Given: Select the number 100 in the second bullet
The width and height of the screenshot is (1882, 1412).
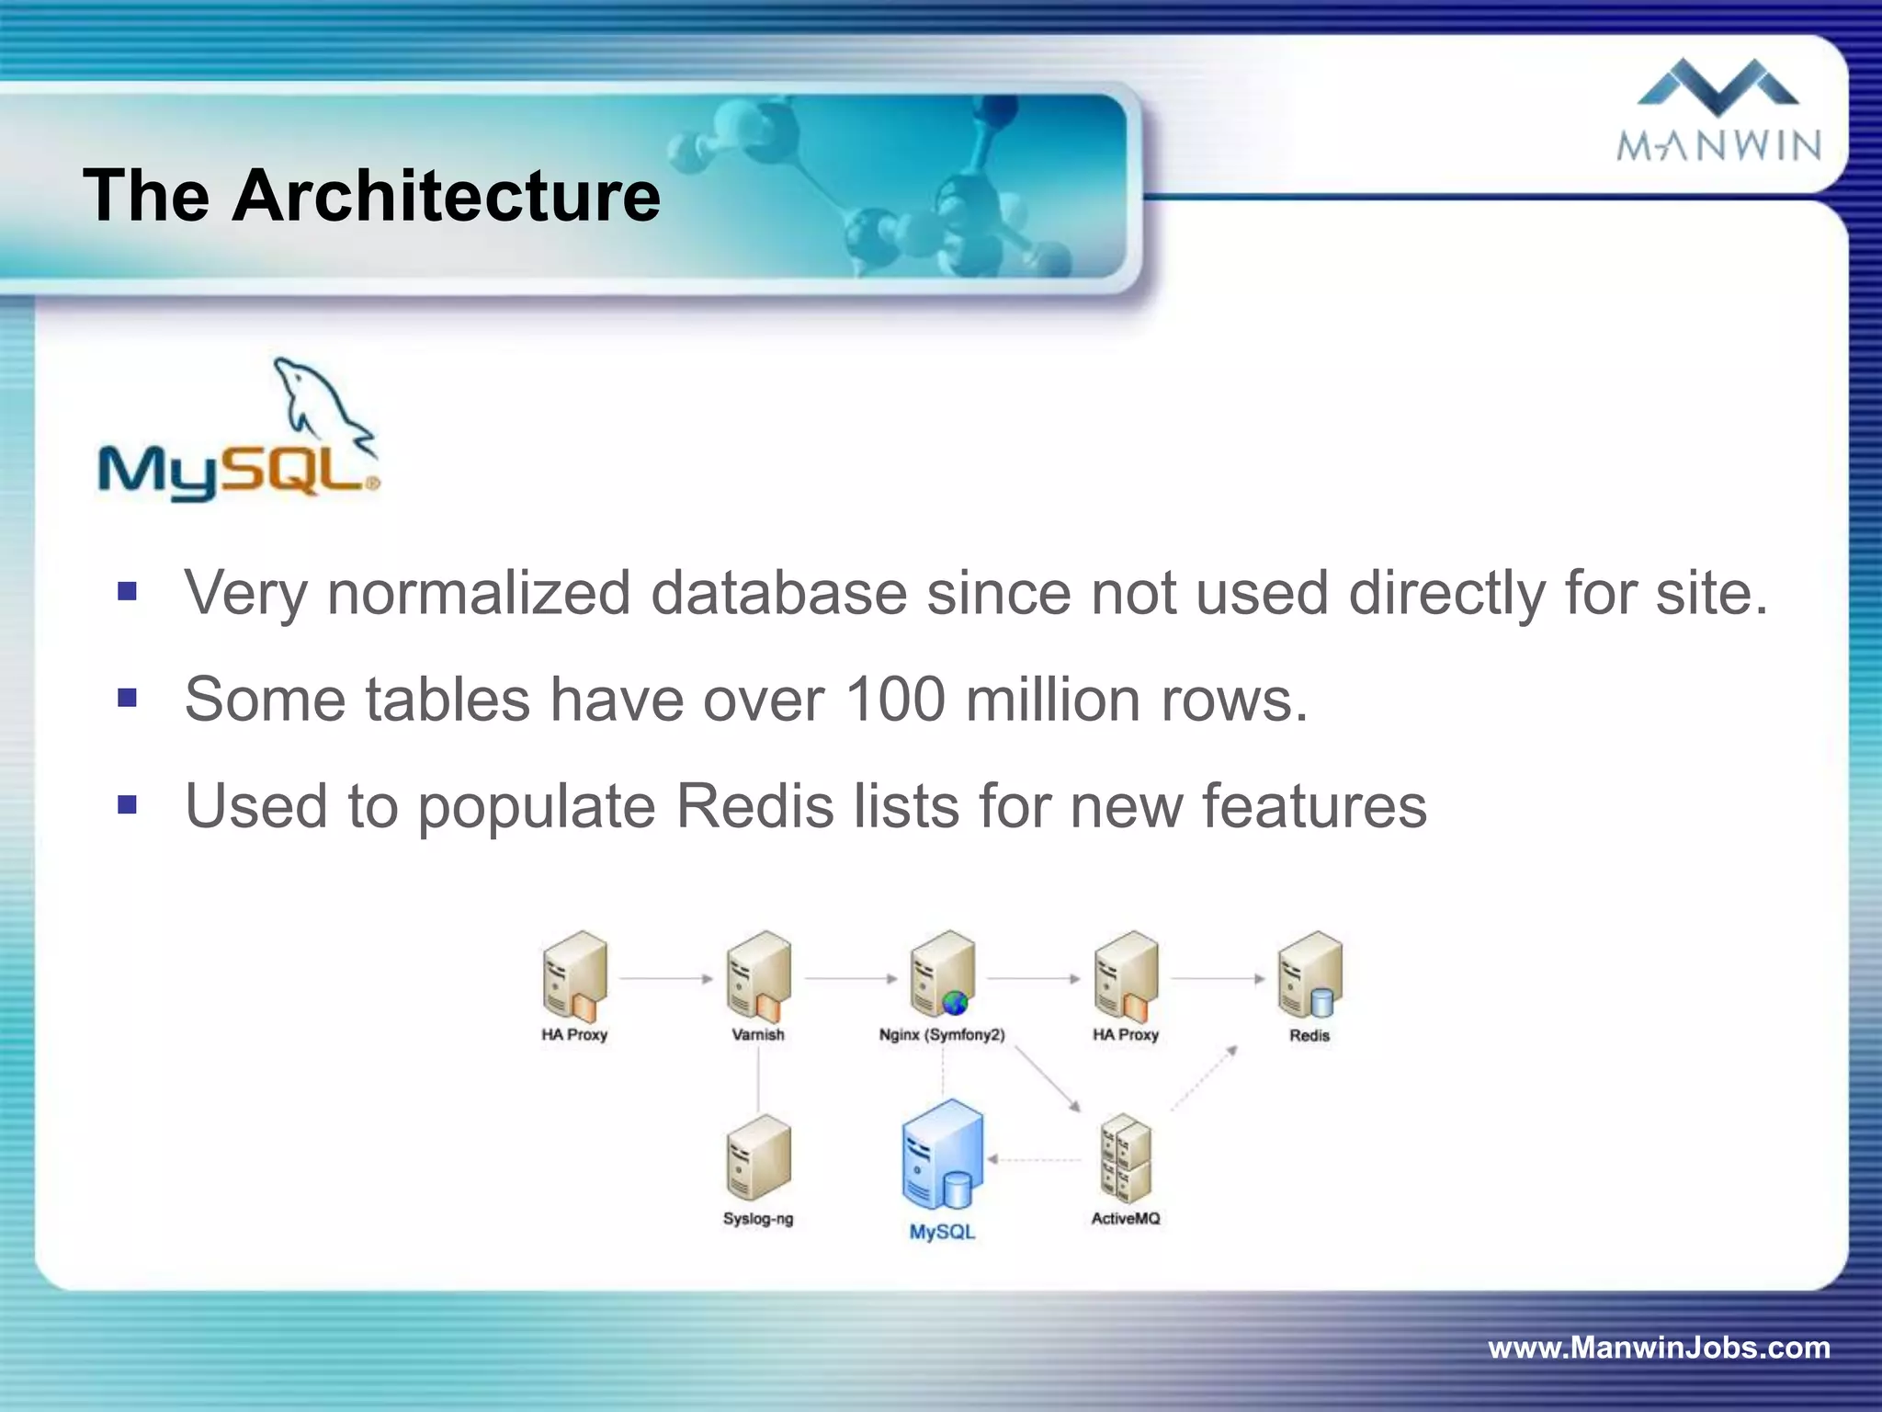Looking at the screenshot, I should point(894,700).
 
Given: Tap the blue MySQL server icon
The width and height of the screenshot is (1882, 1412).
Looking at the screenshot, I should point(942,1156).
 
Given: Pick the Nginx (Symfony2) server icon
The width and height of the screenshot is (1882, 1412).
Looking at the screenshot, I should point(942,974).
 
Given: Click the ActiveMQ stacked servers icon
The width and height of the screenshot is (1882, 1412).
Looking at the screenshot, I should point(1126,1158).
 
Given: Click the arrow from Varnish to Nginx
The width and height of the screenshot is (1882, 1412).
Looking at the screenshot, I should point(850,979).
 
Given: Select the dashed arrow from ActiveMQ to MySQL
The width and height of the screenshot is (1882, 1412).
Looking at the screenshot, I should point(1037,1160).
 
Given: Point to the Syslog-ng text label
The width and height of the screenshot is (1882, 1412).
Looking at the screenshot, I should point(758,1219).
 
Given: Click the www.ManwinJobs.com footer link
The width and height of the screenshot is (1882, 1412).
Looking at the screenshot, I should point(1659,1348).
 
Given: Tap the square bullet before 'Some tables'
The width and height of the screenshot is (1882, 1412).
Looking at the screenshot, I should point(128,699).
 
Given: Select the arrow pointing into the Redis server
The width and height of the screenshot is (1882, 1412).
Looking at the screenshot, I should point(1218,979).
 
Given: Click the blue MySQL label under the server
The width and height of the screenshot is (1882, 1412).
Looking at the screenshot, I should point(942,1232).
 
